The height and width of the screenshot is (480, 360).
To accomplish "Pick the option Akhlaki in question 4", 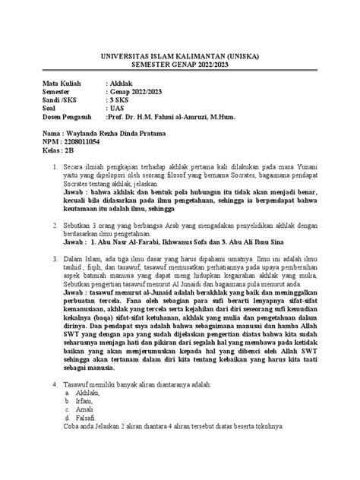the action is (x=87, y=396).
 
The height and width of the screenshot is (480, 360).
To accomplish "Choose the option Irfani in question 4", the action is (x=84, y=406).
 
